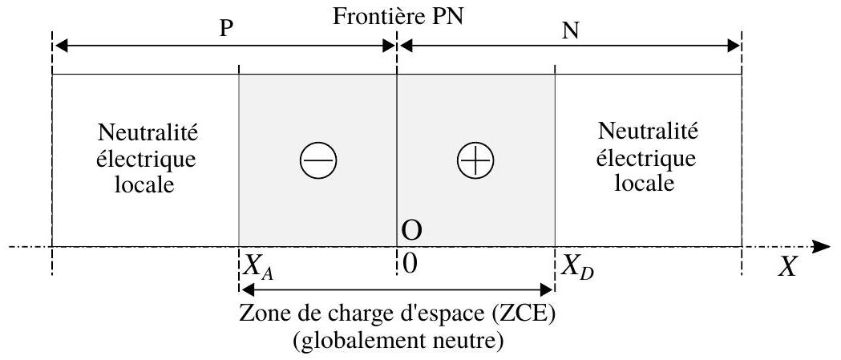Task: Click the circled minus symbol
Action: click(x=318, y=160)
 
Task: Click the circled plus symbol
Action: click(x=475, y=160)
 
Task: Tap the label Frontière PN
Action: click(x=398, y=16)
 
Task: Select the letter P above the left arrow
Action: click(x=226, y=30)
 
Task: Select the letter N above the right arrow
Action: click(x=571, y=31)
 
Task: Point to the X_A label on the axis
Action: click(x=258, y=266)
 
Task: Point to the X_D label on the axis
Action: click(x=578, y=266)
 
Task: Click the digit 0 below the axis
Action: click(x=409, y=265)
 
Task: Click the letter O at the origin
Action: click(x=411, y=231)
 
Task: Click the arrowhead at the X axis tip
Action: click(x=822, y=247)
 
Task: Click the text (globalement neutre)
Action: click(x=397, y=339)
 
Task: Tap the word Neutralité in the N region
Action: click(x=647, y=131)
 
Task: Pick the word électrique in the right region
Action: click(x=647, y=158)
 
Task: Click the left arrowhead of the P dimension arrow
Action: click(x=62, y=47)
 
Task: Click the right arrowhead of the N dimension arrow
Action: click(x=732, y=47)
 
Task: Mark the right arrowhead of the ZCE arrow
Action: click(x=546, y=290)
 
